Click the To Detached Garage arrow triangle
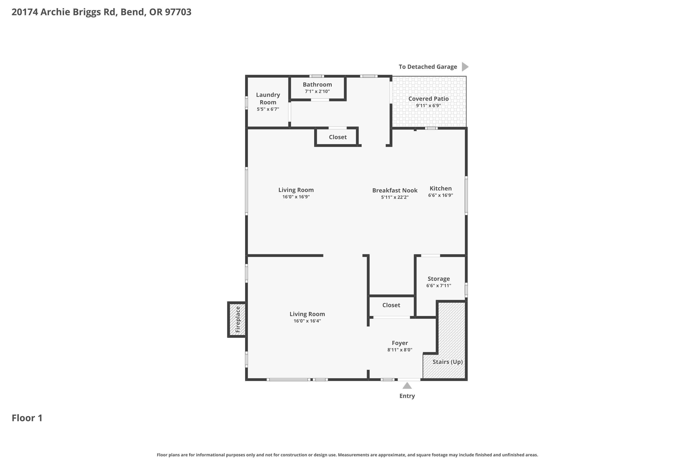pos(465,67)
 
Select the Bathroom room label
pos(317,85)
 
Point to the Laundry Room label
pos(268,99)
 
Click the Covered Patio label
pos(428,99)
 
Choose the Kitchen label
pos(441,188)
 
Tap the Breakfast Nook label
pos(395,190)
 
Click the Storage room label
pos(439,279)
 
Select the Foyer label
pos(400,343)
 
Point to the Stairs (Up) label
pos(448,362)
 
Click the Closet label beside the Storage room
pos(391,305)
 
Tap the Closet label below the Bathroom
pos(338,137)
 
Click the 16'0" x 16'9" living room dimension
pos(296,197)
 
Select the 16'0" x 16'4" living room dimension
pos(307,321)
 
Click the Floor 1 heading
pos(27,418)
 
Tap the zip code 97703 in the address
pos(178,12)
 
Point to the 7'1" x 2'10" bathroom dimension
pos(317,91)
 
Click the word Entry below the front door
pos(407,396)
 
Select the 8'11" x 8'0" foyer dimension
pos(400,350)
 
